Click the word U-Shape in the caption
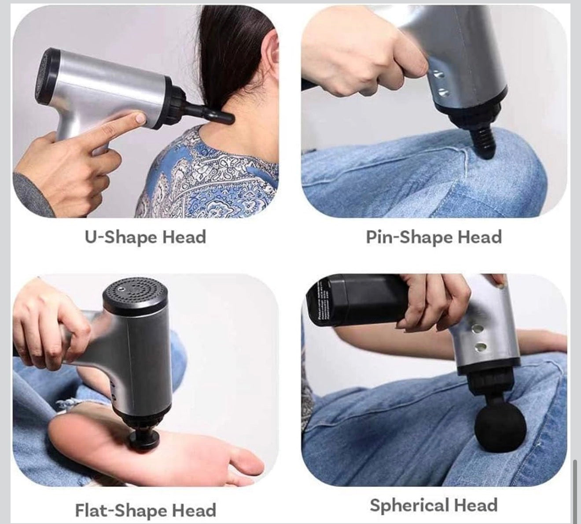pyautogui.click(x=121, y=237)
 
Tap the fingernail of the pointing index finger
pyautogui.click(x=140, y=118)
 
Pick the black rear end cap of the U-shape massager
pyautogui.click(x=48, y=77)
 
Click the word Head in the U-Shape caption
pyautogui.click(x=184, y=237)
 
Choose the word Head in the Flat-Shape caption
pyautogui.click(x=194, y=510)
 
